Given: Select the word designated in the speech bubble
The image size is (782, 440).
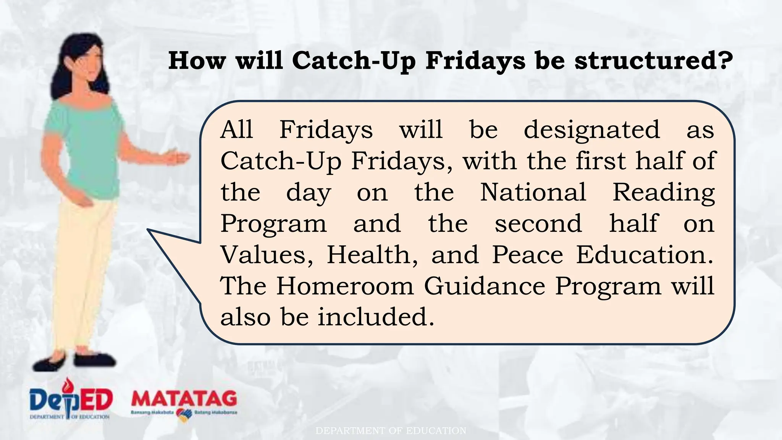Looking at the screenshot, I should (x=591, y=130).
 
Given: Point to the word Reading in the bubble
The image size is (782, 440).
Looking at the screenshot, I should (x=664, y=193).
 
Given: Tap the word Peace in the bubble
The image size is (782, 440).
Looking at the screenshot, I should (x=527, y=255).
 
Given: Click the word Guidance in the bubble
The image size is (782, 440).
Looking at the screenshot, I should (x=485, y=286).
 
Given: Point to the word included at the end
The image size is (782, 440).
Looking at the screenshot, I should (x=376, y=317).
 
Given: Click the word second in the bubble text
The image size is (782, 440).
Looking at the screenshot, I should (x=538, y=223).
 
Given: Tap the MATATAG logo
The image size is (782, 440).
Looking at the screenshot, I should (x=184, y=399).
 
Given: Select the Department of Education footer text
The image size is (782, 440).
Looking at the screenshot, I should (x=391, y=431).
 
